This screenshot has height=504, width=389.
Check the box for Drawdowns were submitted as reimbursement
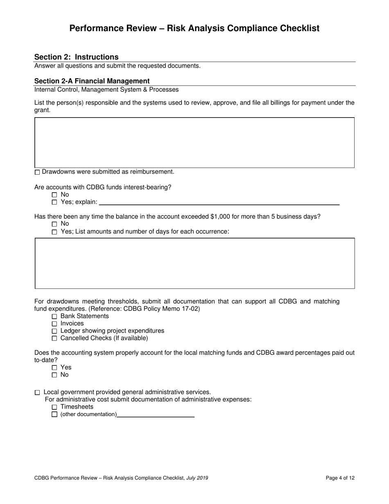[38, 172]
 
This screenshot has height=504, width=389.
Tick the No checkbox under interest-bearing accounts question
[55, 195]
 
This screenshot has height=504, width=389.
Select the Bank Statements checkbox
[55, 317]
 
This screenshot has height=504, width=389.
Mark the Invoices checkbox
[55, 324]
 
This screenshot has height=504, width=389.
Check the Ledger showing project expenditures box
[55, 331]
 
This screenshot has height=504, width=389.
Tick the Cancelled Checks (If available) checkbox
[55, 338]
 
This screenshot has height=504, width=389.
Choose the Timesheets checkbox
[55, 407]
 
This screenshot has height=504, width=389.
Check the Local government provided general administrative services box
[38, 393]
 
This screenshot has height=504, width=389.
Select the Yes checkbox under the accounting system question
[55, 368]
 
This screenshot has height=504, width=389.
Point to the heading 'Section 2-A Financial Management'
[92, 81]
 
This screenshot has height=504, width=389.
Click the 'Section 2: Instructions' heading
[76, 57]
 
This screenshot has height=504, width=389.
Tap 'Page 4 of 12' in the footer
[340, 478]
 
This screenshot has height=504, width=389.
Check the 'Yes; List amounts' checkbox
[55, 232]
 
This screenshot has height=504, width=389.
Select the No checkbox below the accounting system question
[55, 375]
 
